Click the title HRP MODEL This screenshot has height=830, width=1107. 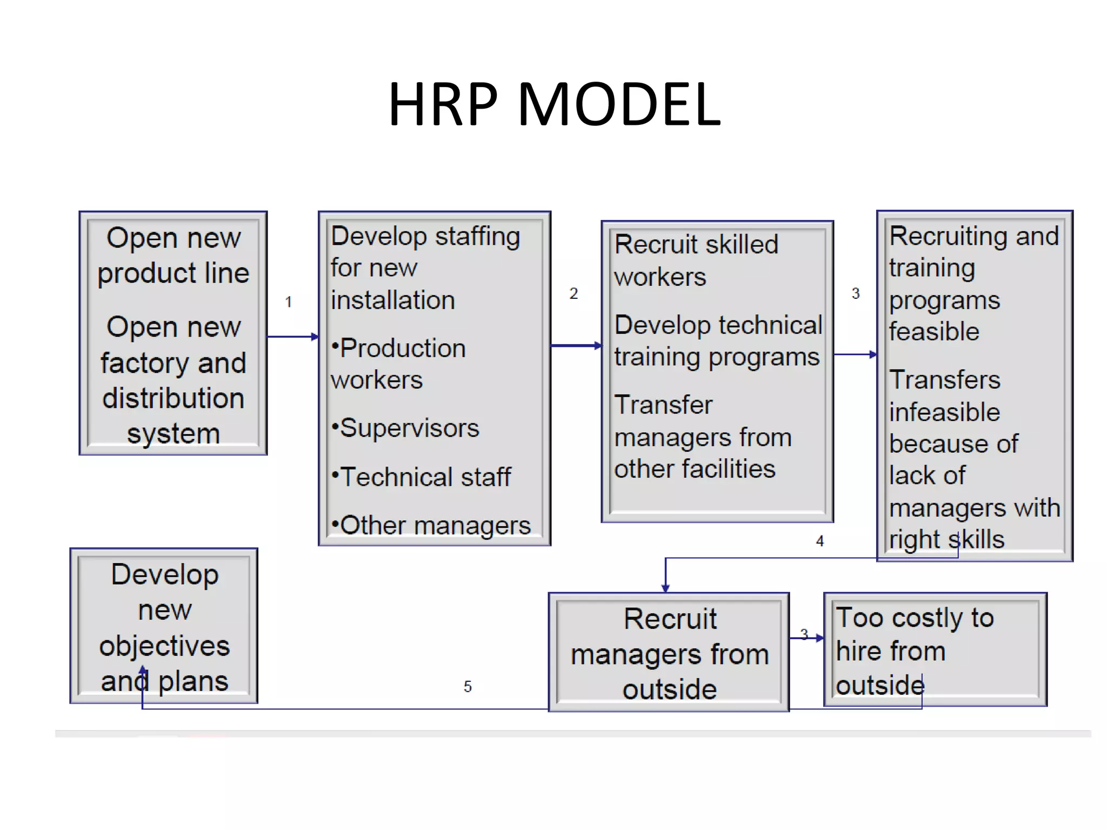555,104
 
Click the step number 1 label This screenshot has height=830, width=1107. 289,302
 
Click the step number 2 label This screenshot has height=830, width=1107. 573,293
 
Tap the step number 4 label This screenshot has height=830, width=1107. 820,541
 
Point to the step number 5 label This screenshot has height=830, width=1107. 468,686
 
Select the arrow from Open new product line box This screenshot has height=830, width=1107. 292,337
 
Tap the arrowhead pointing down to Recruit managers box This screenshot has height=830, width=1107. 665,588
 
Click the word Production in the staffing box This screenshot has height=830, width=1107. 403,348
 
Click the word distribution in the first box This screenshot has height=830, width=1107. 173,398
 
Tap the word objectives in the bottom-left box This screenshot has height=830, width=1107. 164,646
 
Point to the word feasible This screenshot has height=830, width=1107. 934,331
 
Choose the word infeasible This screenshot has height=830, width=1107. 944,412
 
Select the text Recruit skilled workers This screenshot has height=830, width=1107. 696,260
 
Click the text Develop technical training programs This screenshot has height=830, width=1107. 717,340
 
